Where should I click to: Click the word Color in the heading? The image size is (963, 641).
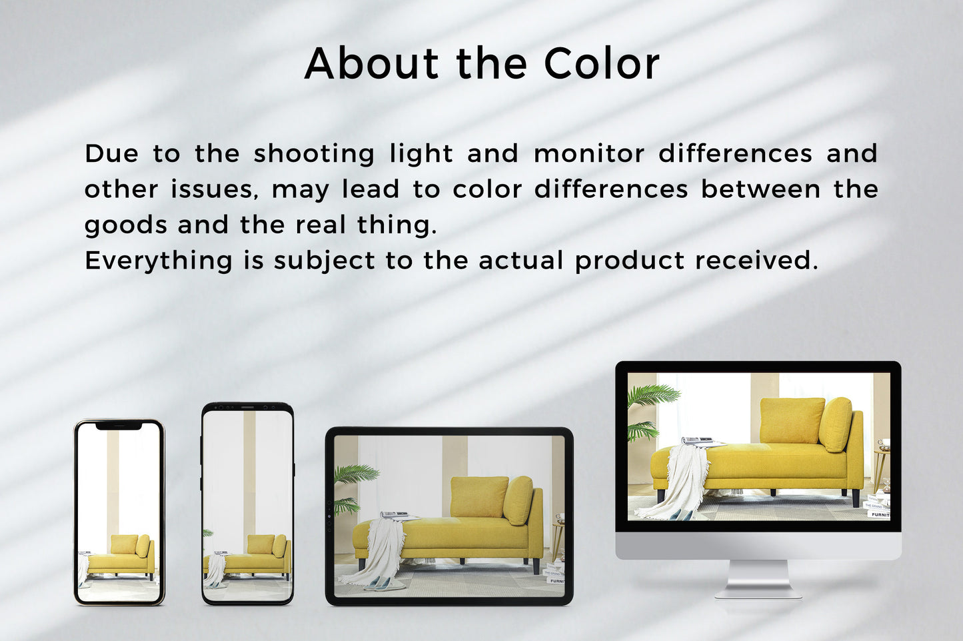pyautogui.click(x=601, y=63)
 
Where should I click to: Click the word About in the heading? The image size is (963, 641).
pyautogui.click(x=371, y=63)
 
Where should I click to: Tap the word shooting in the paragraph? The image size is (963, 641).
pyautogui.click(x=314, y=154)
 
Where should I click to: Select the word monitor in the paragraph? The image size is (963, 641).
pyautogui.click(x=589, y=153)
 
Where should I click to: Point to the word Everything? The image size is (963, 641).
pyautogui.click(x=159, y=261)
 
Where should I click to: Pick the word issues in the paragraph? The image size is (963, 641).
pyautogui.click(x=215, y=189)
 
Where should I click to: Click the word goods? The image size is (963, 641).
pyautogui.click(x=125, y=226)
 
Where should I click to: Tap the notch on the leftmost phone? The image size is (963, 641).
pyautogui.click(x=119, y=426)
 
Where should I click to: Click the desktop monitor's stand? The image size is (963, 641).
pyautogui.click(x=758, y=578)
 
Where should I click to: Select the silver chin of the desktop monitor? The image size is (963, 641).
pyautogui.click(x=758, y=546)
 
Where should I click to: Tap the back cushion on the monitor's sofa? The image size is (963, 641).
pyautogui.click(x=792, y=420)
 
